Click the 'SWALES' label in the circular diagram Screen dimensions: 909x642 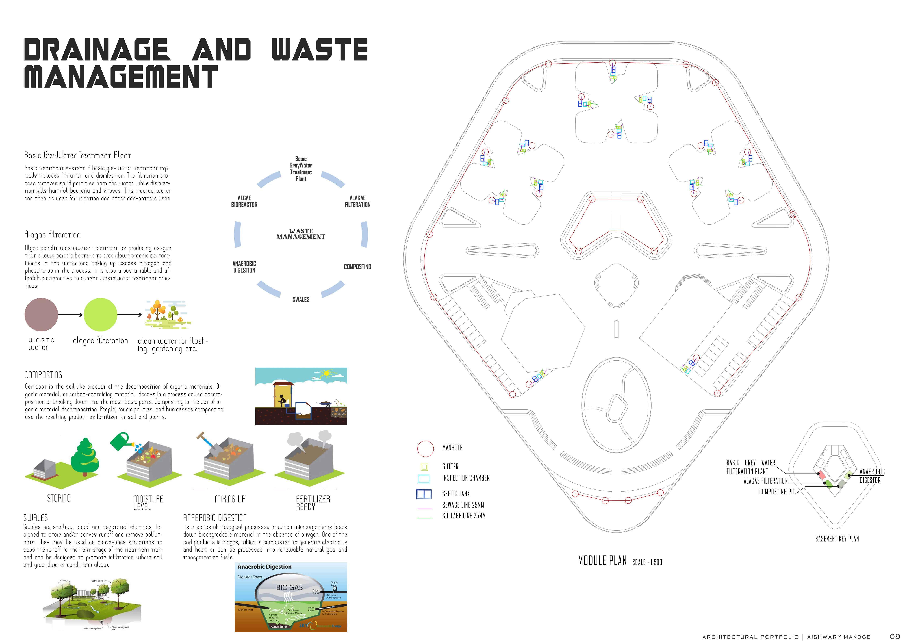coord(301,300)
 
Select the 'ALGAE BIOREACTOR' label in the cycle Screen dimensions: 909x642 coord(244,201)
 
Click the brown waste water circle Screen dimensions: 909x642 coord(41,315)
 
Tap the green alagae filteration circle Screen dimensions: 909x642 coord(101,315)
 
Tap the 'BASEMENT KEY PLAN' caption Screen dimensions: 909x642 coord(837,539)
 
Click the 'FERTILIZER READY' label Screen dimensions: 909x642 coord(313,503)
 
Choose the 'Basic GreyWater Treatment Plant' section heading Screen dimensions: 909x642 coord(78,155)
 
